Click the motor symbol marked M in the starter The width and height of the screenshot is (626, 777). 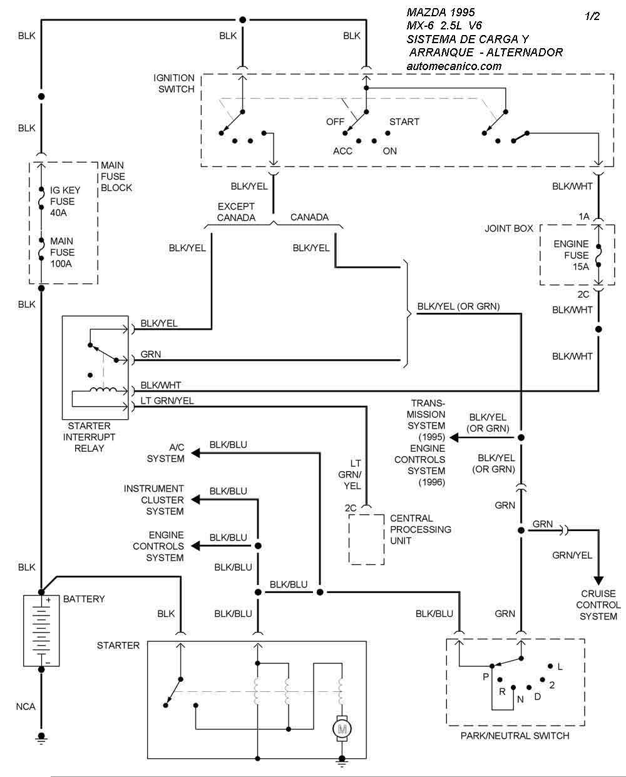coord(342,728)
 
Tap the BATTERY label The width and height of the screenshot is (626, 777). coord(84,599)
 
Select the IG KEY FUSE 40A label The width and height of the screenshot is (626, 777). coord(62,201)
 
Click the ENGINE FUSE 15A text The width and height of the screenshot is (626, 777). coord(571,255)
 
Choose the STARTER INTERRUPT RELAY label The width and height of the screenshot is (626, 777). coord(89,437)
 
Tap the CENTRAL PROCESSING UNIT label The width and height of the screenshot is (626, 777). coord(420,529)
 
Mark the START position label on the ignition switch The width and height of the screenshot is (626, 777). coord(404,121)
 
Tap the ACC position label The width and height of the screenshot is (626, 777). coord(342,151)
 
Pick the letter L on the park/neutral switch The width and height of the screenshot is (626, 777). coord(560,667)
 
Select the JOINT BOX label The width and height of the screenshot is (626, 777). coord(509,228)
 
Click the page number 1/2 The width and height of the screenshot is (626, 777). coord(592,17)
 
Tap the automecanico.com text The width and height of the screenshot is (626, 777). coord(454,66)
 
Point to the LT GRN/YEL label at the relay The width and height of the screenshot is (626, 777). coord(167,401)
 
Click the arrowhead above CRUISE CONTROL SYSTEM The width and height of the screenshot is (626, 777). coord(598,578)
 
